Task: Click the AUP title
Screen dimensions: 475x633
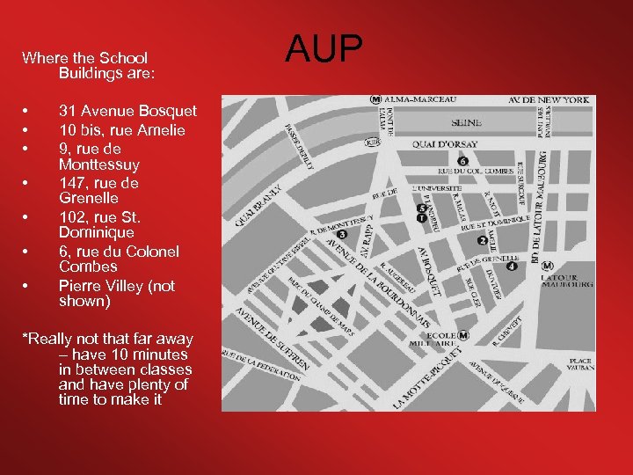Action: [x=324, y=50]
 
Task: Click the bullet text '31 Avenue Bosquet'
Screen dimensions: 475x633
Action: [x=127, y=112]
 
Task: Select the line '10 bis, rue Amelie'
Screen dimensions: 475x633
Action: [x=121, y=130]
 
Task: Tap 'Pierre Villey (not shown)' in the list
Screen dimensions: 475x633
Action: [x=116, y=294]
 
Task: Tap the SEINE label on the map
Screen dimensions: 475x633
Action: [x=465, y=123]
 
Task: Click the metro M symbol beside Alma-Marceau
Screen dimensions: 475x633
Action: [x=375, y=99]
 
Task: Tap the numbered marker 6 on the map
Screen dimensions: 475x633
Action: [x=462, y=161]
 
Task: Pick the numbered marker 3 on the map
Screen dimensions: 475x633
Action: [x=342, y=235]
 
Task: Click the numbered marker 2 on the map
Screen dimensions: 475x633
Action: [x=482, y=240]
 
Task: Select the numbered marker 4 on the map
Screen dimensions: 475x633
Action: [x=511, y=265]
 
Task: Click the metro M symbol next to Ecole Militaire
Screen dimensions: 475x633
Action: [x=463, y=335]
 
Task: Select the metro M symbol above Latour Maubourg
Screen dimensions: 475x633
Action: [x=548, y=266]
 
